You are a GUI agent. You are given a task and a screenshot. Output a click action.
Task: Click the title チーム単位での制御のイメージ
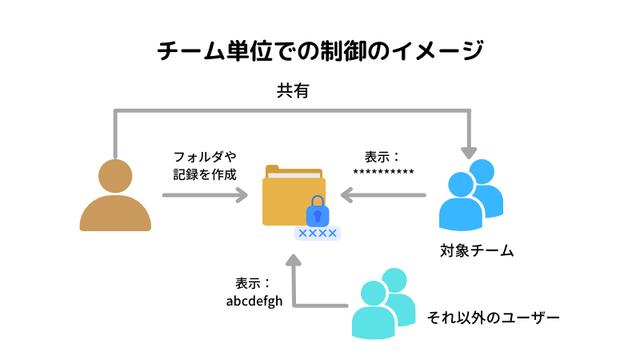(x=320, y=52)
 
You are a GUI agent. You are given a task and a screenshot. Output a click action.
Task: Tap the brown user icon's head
(x=115, y=176)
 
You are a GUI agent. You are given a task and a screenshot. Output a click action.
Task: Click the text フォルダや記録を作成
(x=205, y=165)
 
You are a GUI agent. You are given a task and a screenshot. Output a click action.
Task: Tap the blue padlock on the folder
(x=318, y=210)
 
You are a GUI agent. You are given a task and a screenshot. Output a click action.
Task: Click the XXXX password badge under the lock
(x=318, y=233)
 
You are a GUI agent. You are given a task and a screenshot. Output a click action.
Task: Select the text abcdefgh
(x=254, y=302)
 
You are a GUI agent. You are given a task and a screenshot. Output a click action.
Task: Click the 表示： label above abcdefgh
(x=254, y=284)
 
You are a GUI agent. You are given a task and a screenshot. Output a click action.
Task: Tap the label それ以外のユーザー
(x=494, y=317)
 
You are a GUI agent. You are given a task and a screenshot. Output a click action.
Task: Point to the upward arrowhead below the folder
(x=294, y=261)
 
